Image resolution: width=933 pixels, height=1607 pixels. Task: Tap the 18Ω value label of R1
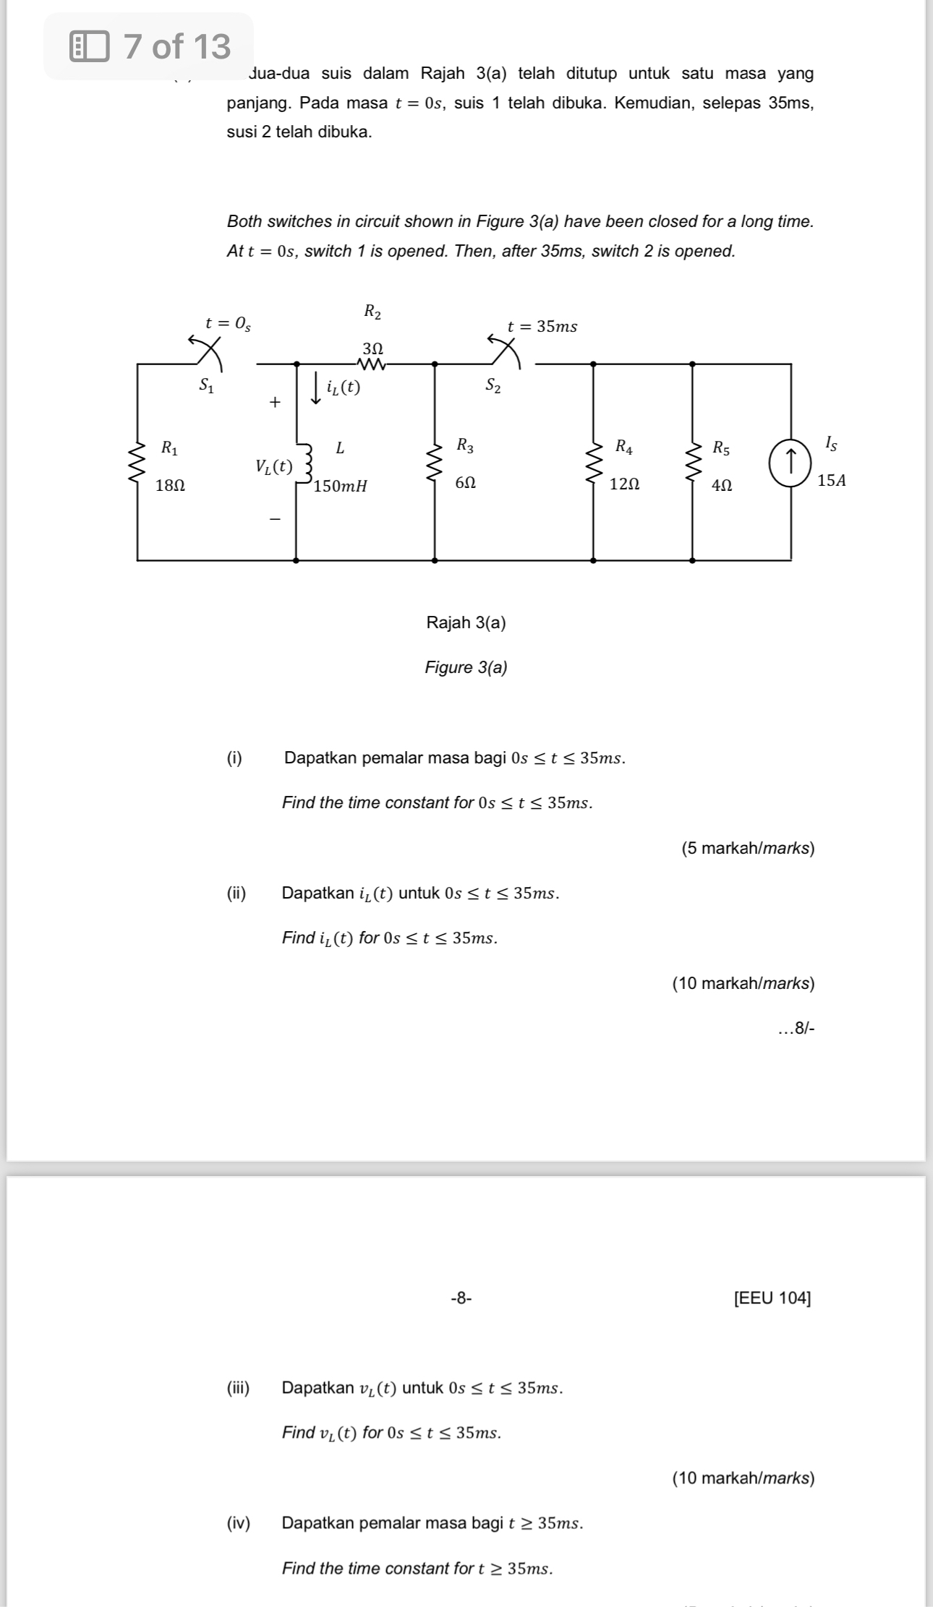click(171, 485)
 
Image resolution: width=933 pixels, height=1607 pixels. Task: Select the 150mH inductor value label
click(341, 486)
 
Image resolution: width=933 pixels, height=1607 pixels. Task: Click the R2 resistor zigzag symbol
click(372, 364)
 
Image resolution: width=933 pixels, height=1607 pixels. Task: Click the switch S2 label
click(493, 385)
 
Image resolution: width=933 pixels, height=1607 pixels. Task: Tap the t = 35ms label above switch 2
click(542, 327)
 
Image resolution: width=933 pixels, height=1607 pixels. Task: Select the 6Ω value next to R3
click(466, 482)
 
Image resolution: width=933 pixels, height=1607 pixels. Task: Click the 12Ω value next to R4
click(625, 484)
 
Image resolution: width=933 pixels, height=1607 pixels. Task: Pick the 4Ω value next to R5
click(722, 485)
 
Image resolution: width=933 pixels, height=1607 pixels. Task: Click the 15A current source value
click(831, 481)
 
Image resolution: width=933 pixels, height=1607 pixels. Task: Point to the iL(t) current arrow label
click(343, 388)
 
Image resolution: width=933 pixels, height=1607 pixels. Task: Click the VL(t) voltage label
click(273, 466)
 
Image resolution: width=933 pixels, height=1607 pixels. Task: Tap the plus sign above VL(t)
click(274, 402)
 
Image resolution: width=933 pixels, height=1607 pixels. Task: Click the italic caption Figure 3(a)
click(466, 667)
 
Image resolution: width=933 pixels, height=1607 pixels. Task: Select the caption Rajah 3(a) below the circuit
click(466, 622)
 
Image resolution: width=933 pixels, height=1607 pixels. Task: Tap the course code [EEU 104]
click(772, 1298)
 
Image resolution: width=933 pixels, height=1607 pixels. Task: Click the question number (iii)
click(239, 1387)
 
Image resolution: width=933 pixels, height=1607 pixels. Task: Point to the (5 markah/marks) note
click(748, 848)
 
